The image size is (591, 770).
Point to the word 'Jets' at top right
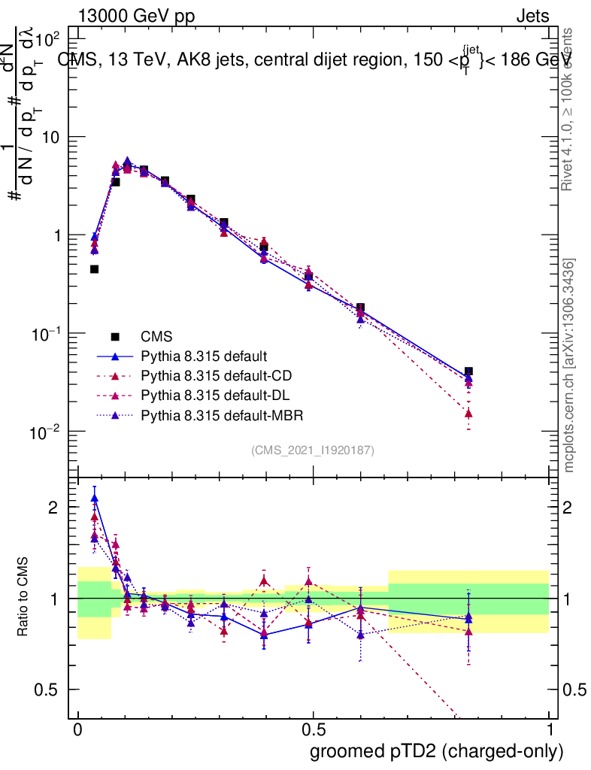(x=532, y=16)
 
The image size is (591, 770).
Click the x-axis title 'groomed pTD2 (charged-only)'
(x=436, y=750)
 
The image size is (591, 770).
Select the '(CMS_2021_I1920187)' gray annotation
(x=313, y=450)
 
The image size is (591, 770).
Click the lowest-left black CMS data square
(x=95, y=269)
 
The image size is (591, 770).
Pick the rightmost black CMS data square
(x=468, y=371)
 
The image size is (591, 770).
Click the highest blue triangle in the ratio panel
(x=95, y=499)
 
